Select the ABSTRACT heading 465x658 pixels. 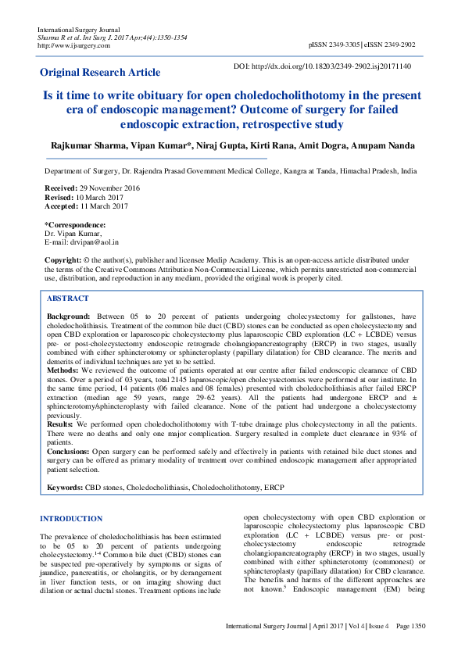coord(68,299)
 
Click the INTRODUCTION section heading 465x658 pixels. coord(71,519)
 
